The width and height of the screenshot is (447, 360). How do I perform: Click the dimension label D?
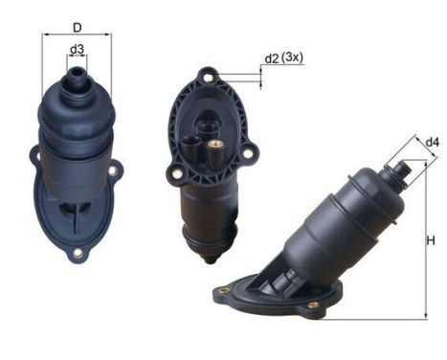pos(78,28)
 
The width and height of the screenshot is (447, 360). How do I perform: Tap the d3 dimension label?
pos(77,49)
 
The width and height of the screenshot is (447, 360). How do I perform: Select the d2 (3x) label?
pos(284,57)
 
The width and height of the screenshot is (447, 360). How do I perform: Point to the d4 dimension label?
pos(433,142)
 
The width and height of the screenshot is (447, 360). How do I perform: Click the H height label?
pos(431,240)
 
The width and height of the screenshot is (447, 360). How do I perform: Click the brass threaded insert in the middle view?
pos(214,146)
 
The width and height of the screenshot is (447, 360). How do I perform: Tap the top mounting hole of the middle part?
pos(208,78)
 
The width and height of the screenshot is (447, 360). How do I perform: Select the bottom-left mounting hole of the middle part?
pos(176,173)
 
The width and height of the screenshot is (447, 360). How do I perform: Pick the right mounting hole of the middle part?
pos(247,153)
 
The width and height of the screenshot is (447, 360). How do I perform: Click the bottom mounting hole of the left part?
pos(78,254)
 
